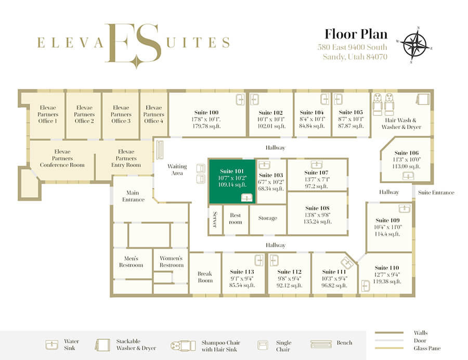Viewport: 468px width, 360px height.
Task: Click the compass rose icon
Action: [x=414, y=45]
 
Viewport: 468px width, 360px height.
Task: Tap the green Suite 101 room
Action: [x=232, y=181]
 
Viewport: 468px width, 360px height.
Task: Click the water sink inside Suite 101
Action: [x=246, y=198]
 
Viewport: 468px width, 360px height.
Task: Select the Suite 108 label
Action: [x=317, y=208]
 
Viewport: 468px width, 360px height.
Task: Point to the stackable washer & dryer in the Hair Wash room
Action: [x=423, y=98]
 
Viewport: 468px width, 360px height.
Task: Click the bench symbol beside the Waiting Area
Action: [x=160, y=149]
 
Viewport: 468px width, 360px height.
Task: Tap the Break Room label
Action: [x=205, y=277]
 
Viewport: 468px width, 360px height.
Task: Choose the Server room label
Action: [x=215, y=220]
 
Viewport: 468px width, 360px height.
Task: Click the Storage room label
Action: [x=268, y=218]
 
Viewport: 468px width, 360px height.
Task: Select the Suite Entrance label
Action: [x=436, y=192]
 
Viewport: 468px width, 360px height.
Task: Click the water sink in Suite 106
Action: [x=408, y=176]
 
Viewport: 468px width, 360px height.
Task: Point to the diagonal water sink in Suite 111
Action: [x=347, y=263]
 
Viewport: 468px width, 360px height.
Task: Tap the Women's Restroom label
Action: [x=171, y=262]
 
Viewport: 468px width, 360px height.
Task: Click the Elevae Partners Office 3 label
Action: [x=121, y=114]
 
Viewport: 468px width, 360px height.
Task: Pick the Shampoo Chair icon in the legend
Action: [x=183, y=345]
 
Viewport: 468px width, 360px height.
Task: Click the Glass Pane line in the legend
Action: [x=389, y=348]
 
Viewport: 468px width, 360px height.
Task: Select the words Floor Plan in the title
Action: [x=356, y=34]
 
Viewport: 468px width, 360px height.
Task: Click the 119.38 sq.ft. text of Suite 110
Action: [x=387, y=281]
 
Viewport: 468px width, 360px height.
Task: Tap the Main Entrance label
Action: [x=133, y=196]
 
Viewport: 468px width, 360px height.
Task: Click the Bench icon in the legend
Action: [x=321, y=344]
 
